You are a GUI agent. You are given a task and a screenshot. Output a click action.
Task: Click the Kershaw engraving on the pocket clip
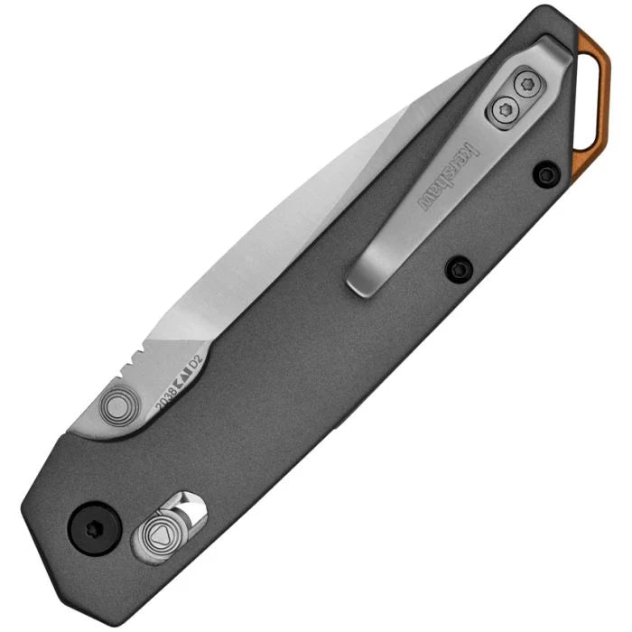[x=450, y=171]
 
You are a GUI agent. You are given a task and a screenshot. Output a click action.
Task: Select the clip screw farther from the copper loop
[x=504, y=110]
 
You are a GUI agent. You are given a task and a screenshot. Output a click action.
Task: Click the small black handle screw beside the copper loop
[x=545, y=173]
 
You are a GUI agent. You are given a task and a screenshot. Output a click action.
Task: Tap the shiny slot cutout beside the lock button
[x=191, y=508]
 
